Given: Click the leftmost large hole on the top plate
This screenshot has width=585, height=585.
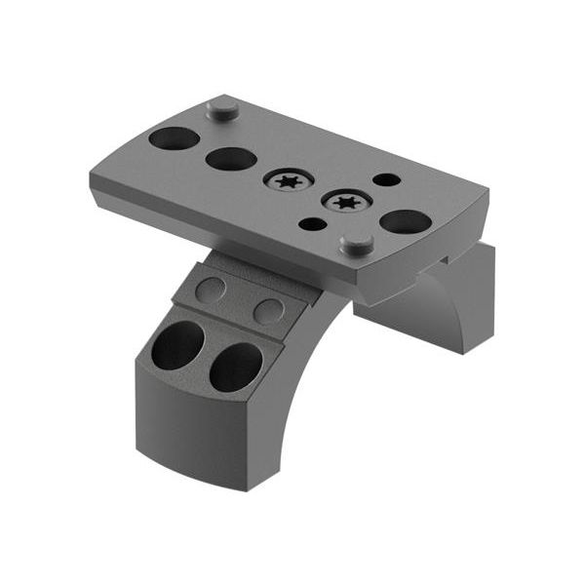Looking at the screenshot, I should [174, 137].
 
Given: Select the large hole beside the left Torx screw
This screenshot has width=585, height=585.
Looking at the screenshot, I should [231, 158].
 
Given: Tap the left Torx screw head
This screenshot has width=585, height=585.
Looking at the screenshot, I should [288, 180].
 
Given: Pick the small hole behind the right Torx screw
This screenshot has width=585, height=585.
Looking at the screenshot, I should [386, 179].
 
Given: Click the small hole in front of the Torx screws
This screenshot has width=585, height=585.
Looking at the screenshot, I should [312, 224].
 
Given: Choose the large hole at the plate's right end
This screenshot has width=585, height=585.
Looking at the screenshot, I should [406, 221].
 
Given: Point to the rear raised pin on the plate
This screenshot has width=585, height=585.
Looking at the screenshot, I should [223, 107].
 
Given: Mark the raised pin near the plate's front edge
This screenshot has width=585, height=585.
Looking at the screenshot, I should [357, 243].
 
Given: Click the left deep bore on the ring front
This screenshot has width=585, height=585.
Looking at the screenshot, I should [177, 345].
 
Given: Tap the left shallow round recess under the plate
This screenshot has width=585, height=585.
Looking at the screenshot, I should [211, 289].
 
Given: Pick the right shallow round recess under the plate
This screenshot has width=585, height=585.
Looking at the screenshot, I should [268, 310].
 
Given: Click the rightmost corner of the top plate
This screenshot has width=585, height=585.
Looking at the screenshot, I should [487, 195].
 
